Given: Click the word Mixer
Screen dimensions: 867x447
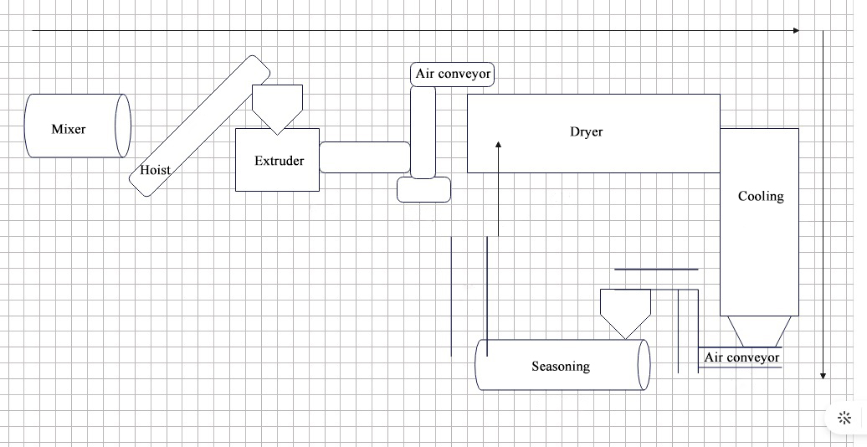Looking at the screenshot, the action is (x=69, y=129).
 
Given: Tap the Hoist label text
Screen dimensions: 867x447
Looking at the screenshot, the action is (x=155, y=170).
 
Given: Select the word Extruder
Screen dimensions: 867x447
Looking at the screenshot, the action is (x=280, y=161).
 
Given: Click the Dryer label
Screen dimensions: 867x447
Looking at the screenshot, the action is (x=586, y=131).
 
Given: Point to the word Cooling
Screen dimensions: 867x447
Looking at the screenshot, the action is (x=761, y=197).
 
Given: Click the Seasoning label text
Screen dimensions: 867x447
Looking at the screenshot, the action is (x=561, y=367).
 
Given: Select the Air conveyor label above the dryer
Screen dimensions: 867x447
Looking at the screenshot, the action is (x=453, y=74).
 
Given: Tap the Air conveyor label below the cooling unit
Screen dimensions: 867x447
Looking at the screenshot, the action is (x=741, y=357).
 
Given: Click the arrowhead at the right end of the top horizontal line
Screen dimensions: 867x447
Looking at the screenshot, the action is (x=796, y=30).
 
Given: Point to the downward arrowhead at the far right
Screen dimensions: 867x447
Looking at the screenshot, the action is (x=823, y=376).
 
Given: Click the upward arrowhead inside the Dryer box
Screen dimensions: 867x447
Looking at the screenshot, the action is (x=498, y=144).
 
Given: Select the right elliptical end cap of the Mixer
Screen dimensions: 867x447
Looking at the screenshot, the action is (x=123, y=126).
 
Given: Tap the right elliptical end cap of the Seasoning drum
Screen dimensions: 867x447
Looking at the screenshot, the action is (x=644, y=365).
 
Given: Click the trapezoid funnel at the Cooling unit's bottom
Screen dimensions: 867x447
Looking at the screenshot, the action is (x=759, y=331).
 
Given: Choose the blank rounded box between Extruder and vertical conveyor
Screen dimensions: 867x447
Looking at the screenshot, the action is (x=365, y=157).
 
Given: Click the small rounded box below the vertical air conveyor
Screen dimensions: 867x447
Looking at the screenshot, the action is (x=423, y=190).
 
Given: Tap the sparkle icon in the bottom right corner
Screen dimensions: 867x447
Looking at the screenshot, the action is (x=844, y=418).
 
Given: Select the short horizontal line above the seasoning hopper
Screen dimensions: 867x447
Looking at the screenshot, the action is (x=656, y=270).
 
